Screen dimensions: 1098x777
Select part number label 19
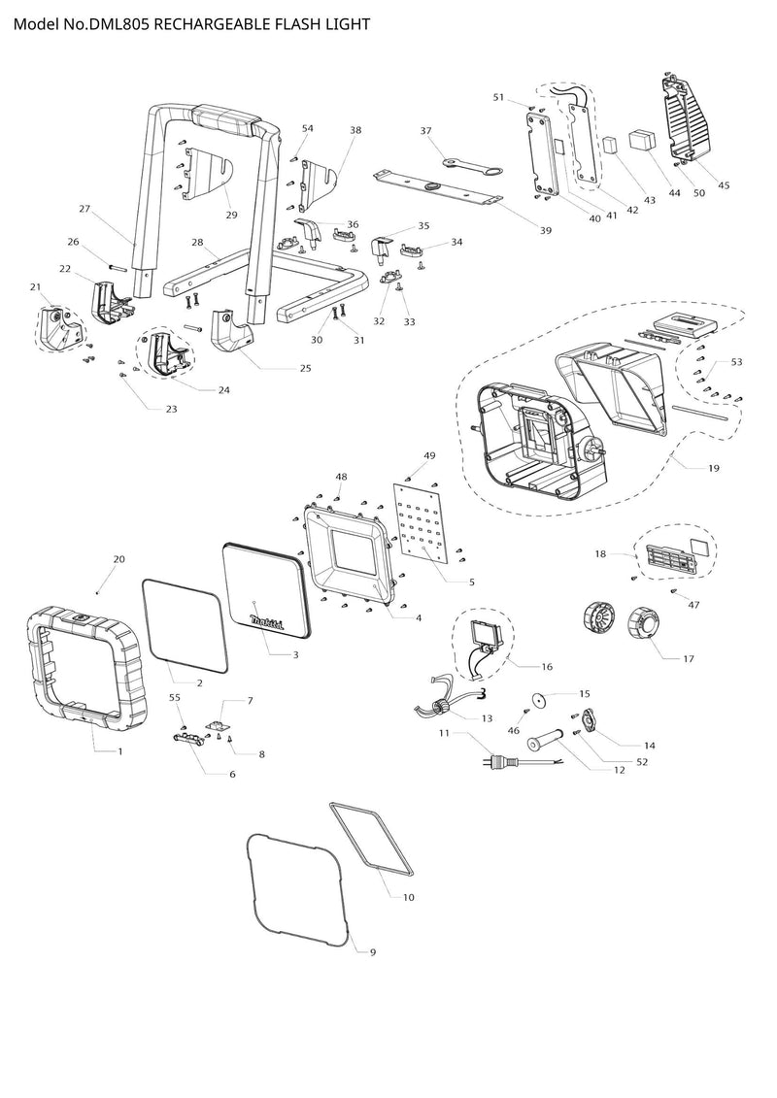click(x=714, y=468)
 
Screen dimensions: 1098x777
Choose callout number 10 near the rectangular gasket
click(x=408, y=897)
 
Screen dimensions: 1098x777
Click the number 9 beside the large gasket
click(x=372, y=952)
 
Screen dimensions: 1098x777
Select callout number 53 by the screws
click(x=736, y=362)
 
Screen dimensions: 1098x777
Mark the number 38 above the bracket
click(x=355, y=129)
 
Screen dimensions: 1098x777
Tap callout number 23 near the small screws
click(x=171, y=409)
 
